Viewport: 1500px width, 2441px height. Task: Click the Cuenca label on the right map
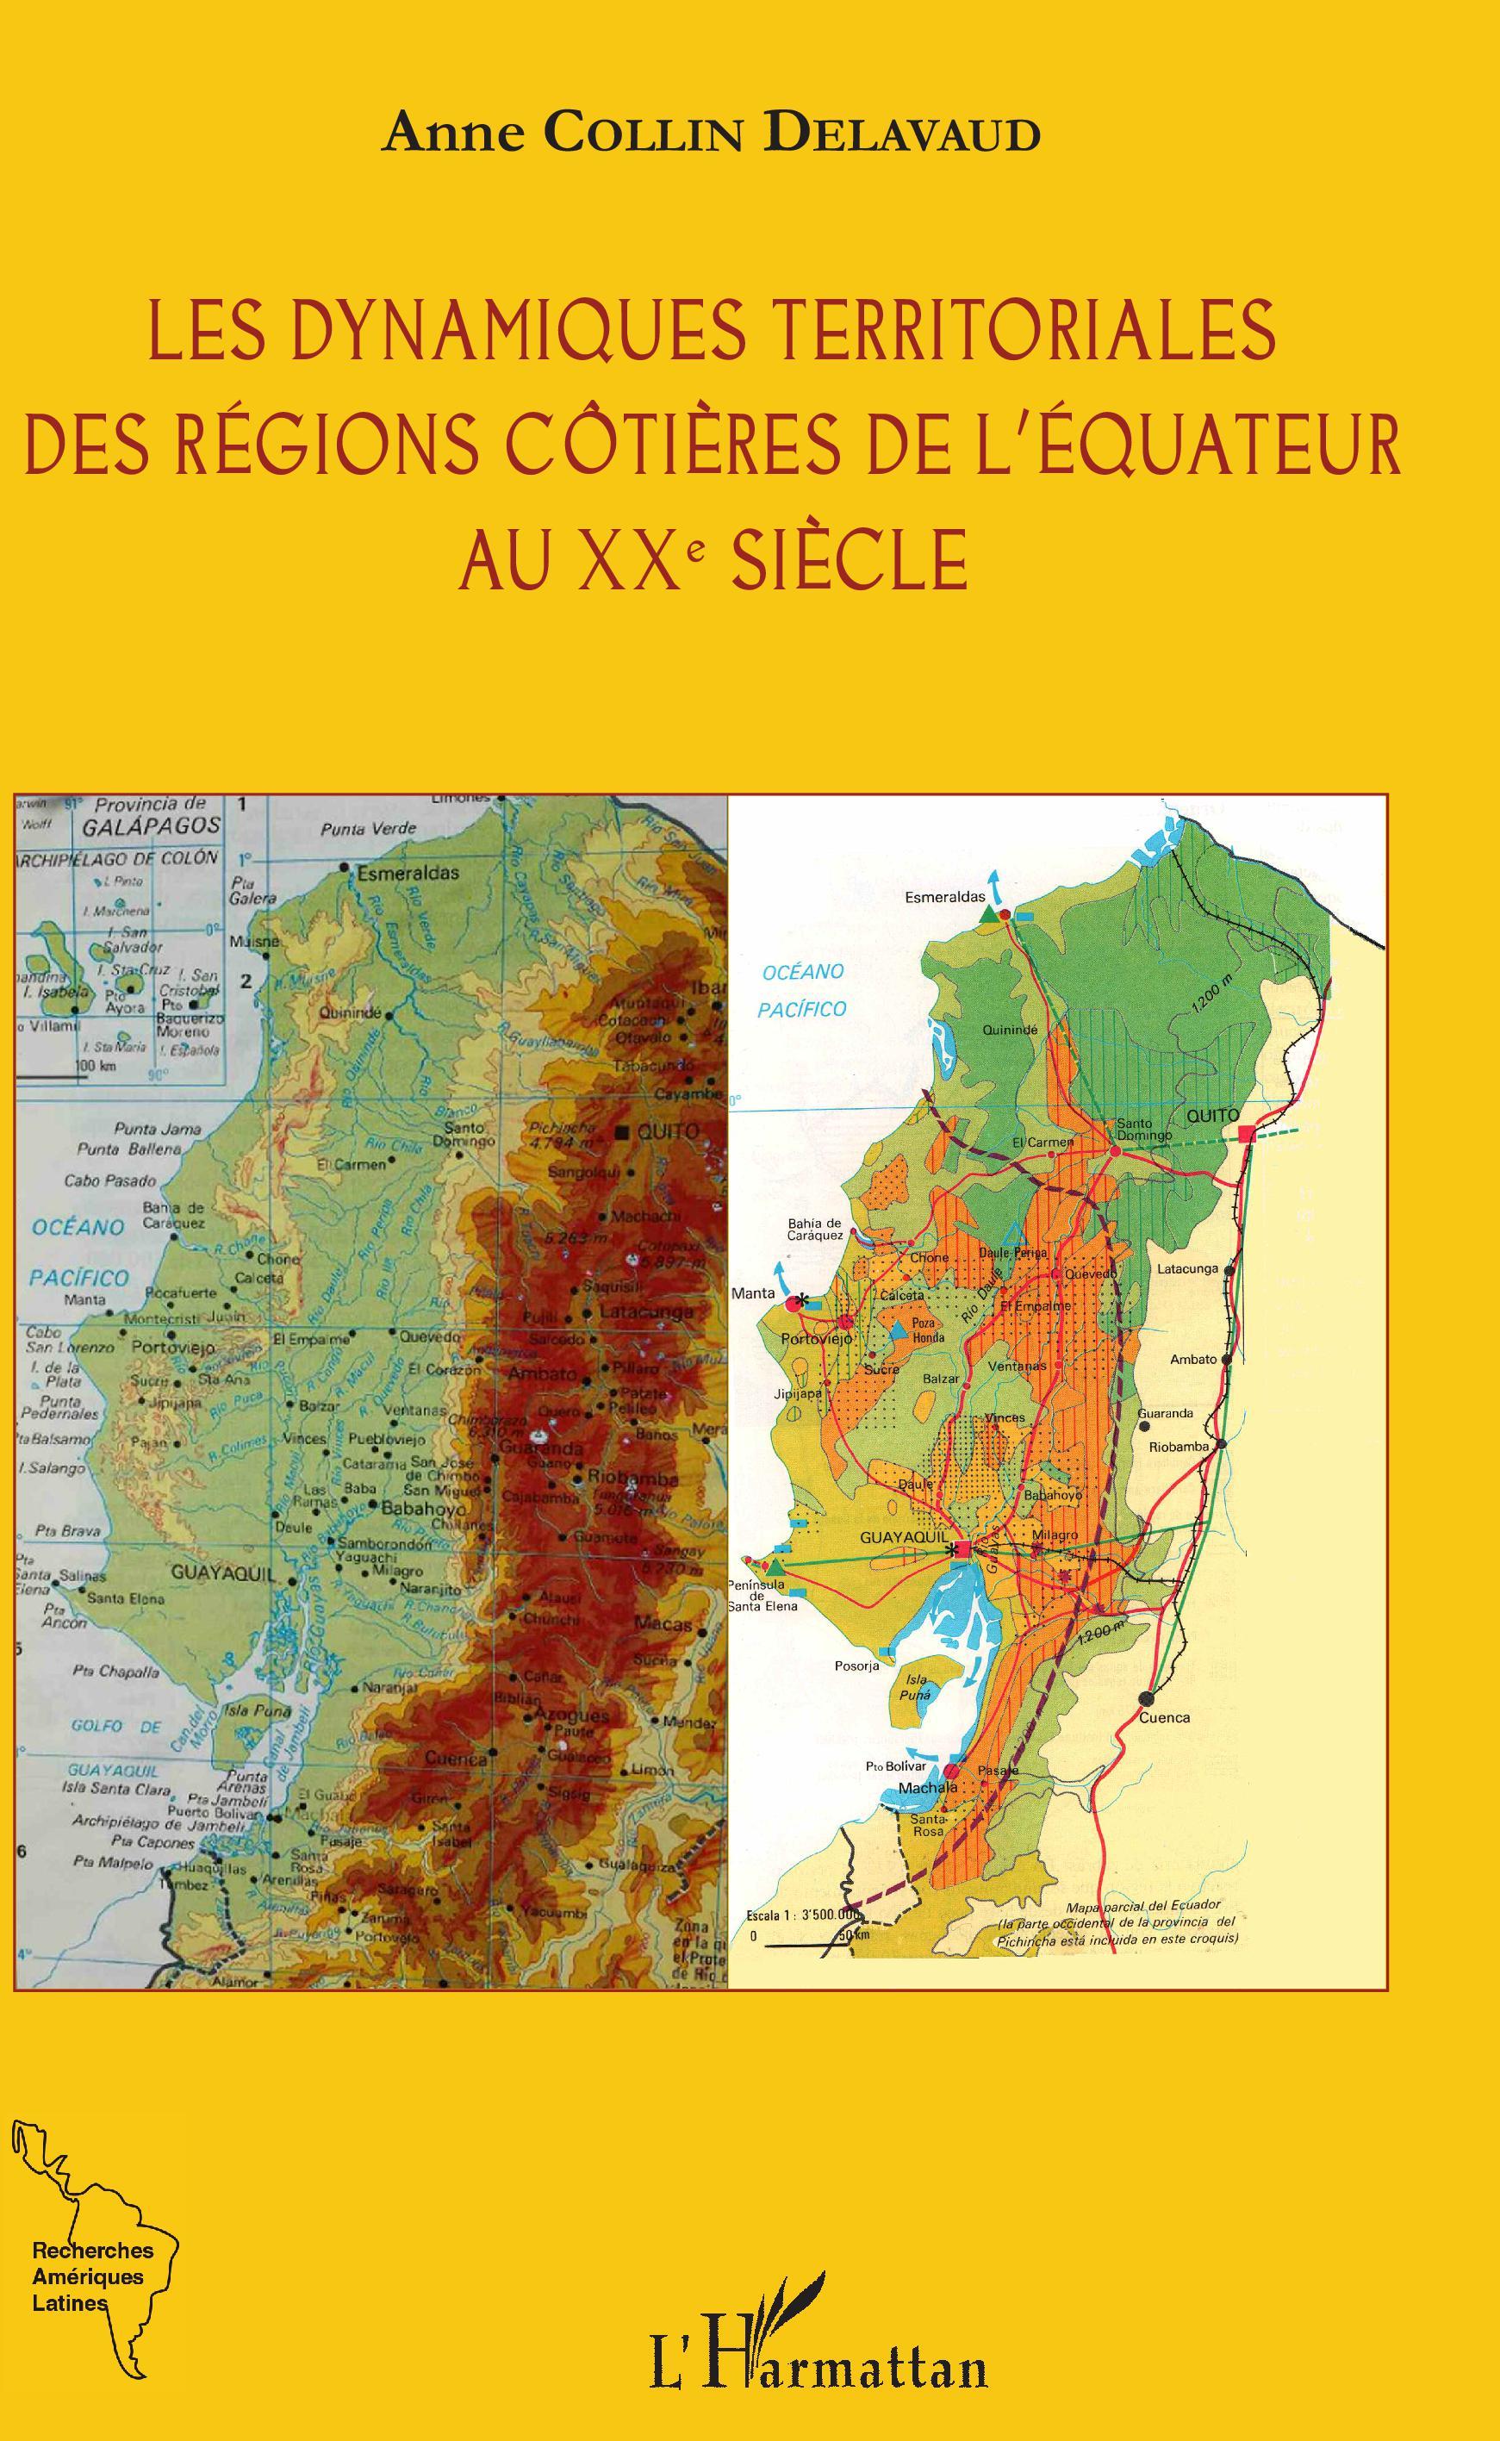pyautogui.click(x=1164, y=1717)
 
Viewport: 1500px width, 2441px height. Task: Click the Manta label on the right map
pyautogui.click(x=752, y=1293)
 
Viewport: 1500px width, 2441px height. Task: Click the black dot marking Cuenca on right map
pyautogui.click(x=1148, y=1697)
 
